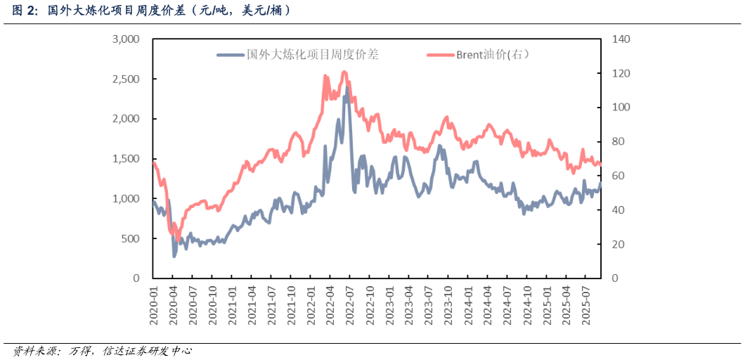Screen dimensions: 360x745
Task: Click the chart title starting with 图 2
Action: (151, 11)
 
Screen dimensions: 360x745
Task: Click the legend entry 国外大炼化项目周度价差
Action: (312, 54)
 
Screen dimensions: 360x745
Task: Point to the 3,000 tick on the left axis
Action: (126, 39)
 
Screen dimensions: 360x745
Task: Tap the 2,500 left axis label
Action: (126, 79)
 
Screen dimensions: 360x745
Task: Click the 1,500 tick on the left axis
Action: (126, 159)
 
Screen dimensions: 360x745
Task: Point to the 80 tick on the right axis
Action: (614, 142)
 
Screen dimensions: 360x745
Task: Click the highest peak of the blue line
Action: (347, 88)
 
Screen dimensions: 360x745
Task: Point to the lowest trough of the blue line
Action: (174, 256)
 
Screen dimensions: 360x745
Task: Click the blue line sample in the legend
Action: (230, 54)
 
